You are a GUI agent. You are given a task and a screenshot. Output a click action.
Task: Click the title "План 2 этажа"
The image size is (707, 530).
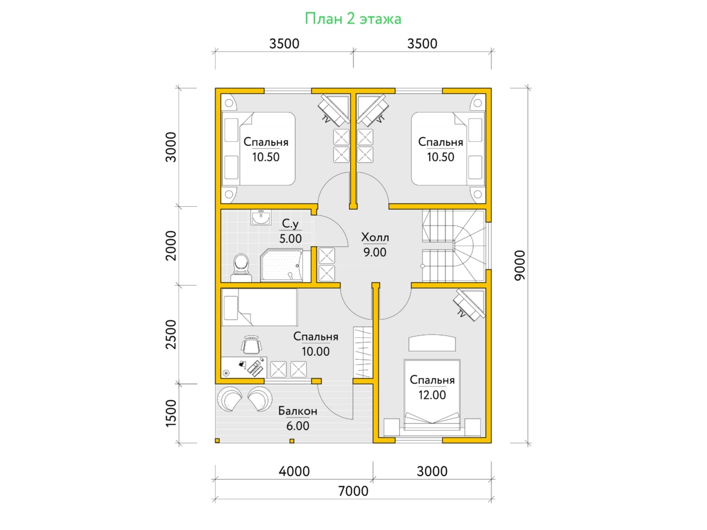click(x=353, y=19)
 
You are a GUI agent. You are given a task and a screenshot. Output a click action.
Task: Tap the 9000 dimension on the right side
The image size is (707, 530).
click(x=519, y=266)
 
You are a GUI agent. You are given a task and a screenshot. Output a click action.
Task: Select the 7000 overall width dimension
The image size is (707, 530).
click(x=353, y=491)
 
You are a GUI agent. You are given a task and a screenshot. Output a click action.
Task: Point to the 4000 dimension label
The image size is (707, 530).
click(x=294, y=471)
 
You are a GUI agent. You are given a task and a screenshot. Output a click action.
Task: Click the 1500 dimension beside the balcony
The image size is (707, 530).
click(x=171, y=413)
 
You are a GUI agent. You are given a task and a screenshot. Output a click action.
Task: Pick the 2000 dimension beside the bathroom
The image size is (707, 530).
click(x=171, y=246)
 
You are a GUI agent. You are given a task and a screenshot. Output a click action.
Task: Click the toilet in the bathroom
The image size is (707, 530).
click(x=241, y=268)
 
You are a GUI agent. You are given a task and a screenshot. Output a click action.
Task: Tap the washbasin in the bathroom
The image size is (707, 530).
click(x=261, y=217)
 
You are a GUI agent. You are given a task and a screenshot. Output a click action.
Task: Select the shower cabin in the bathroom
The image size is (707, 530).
click(x=282, y=265)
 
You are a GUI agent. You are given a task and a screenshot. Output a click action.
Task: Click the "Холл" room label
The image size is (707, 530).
click(x=375, y=237)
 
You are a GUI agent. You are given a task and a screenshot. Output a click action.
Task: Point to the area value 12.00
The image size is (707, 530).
click(x=432, y=395)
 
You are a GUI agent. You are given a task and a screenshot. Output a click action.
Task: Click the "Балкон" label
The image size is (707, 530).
click(x=298, y=411)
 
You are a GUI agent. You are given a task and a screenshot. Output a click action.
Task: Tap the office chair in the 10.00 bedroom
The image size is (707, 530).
click(x=251, y=344)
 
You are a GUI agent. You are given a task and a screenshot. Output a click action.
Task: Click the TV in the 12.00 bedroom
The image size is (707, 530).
click(x=468, y=304)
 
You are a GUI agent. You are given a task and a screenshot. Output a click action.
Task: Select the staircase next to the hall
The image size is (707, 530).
click(x=454, y=246)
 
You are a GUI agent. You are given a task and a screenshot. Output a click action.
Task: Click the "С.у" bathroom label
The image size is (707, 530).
click(x=290, y=223)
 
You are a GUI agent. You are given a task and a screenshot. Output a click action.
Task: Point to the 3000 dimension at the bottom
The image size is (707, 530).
click(x=432, y=471)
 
